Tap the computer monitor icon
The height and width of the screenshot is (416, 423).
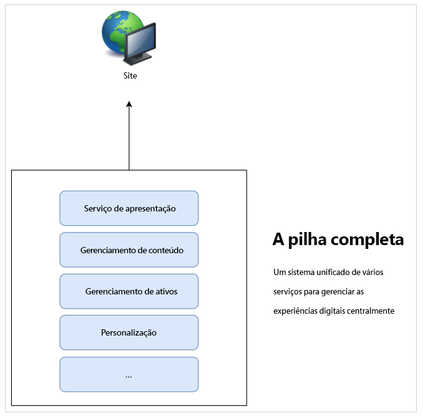(x=139, y=44)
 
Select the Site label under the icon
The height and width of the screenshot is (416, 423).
(x=130, y=76)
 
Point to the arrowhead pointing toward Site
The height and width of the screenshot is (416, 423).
(x=129, y=105)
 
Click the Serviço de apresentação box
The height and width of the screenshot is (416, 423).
(x=129, y=208)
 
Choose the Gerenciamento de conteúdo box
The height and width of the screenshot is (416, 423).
(x=129, y=250)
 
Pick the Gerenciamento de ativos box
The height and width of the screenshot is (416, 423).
(x=129, y=291)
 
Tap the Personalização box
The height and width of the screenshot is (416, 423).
(x=129, y=332)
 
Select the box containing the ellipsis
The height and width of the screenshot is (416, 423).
(x=129, y=374)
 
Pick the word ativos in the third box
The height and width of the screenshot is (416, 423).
(x=166, y=291)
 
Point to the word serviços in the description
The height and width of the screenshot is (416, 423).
(x=288, y=292)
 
